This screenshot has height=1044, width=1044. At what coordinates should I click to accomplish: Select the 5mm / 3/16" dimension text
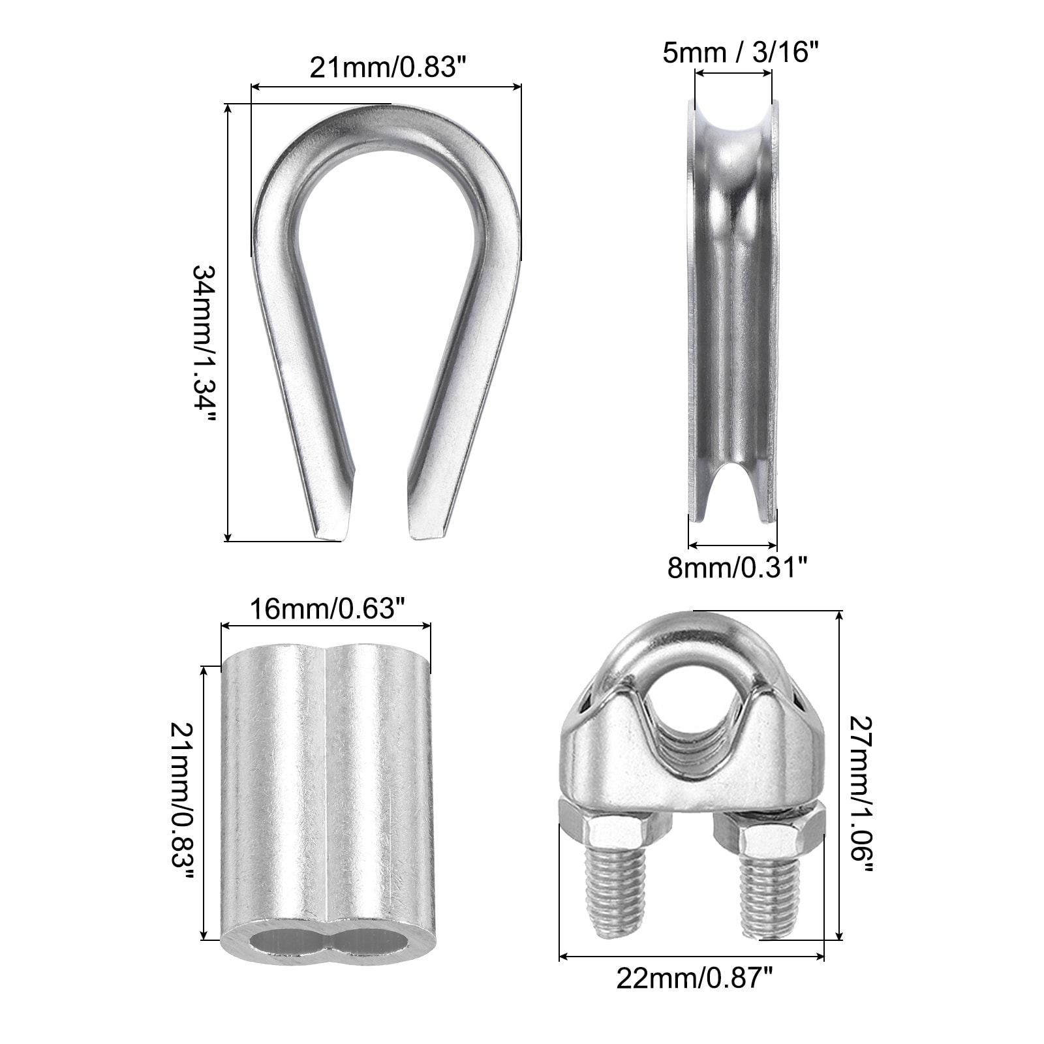tap(740, 52)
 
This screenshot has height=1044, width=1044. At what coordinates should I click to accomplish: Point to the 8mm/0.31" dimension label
tap(737, 568)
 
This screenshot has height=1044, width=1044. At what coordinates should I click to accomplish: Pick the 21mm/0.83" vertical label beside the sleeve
tap(182, 801)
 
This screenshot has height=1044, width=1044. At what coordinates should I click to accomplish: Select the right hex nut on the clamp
tap(769, 829)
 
